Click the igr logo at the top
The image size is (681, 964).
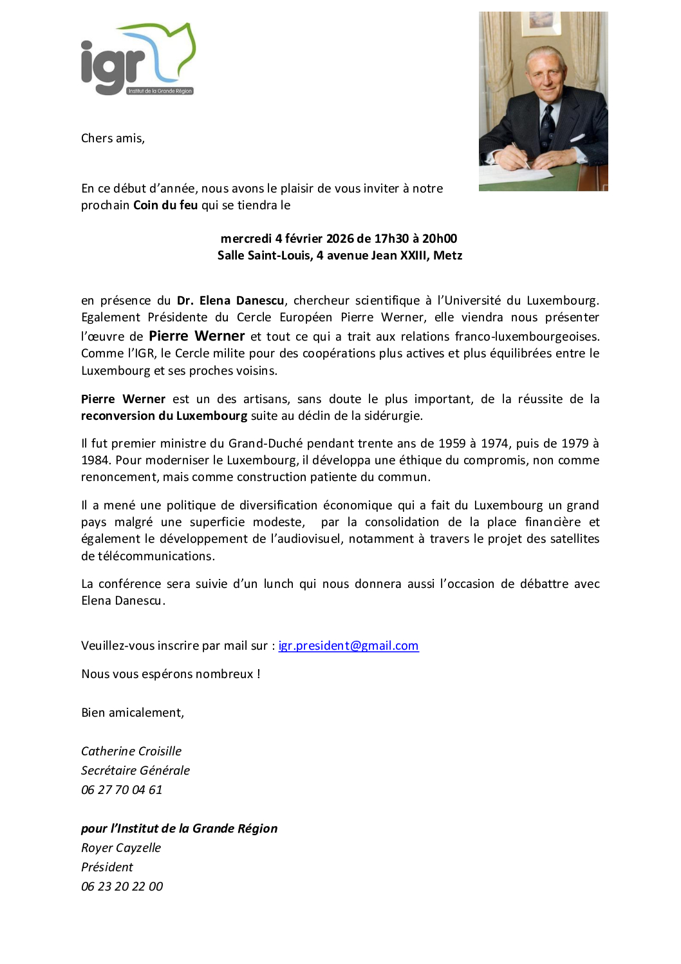138,60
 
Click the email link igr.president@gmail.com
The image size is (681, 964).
348,646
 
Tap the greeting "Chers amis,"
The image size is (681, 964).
113,138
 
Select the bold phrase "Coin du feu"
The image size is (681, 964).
165,205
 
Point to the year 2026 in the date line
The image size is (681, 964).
340,239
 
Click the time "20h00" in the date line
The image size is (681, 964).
440,239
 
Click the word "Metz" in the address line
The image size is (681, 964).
448,256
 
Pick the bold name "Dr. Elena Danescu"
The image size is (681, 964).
230,301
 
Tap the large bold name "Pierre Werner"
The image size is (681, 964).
197,336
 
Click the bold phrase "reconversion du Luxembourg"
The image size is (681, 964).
164,416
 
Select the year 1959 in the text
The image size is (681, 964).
452,444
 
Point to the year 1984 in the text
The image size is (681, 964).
95,460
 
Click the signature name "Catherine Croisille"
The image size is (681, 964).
131,751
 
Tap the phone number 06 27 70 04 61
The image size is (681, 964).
122,790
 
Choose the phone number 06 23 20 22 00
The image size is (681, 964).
122,887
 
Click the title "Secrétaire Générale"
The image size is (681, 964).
135,771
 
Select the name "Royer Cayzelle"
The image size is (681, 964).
121,848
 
